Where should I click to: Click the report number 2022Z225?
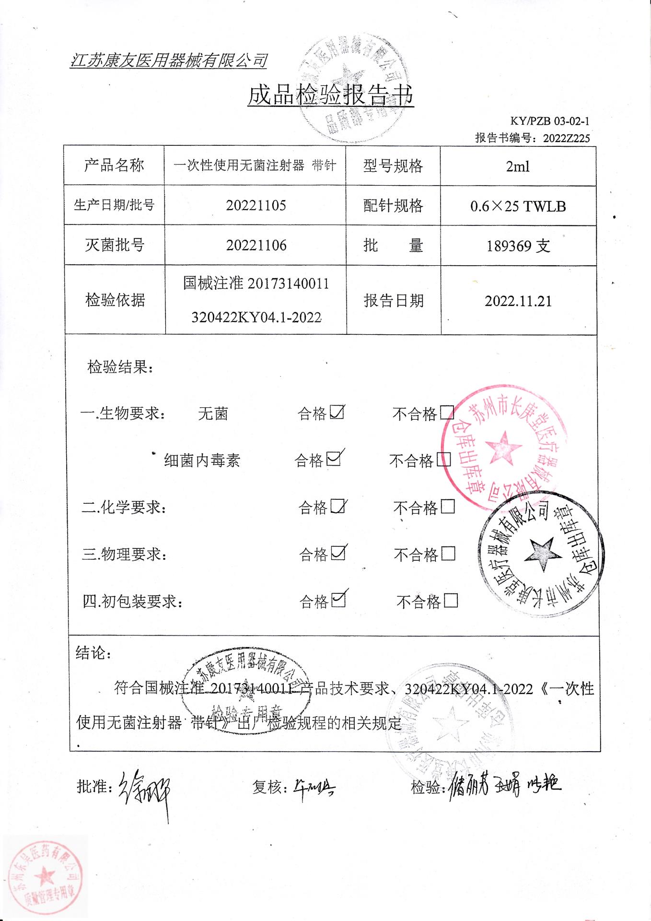(566, 138)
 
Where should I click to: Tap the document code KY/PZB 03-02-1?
(550, 121)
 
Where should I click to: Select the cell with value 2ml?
(518, 166)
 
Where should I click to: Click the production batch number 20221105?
(256, 206)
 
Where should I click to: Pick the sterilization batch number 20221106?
(256, 246)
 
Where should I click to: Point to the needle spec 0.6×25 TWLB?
(518, 206)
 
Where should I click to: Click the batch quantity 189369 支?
(518, 246)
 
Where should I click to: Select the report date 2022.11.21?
(518, 301)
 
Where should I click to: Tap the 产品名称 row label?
(114, 165)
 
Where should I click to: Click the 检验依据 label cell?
(115, 300)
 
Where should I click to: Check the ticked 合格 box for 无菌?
(337, 412)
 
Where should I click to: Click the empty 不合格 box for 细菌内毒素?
(443, 460)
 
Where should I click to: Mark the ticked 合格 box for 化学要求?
(338, 506)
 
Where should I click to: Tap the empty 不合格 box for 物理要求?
(448, 554)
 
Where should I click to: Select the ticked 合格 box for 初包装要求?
(338, 600)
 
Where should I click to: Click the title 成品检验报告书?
(330, 95)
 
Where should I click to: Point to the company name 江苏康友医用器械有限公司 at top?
(169, 61)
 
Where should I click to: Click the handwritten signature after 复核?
(314, 787)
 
